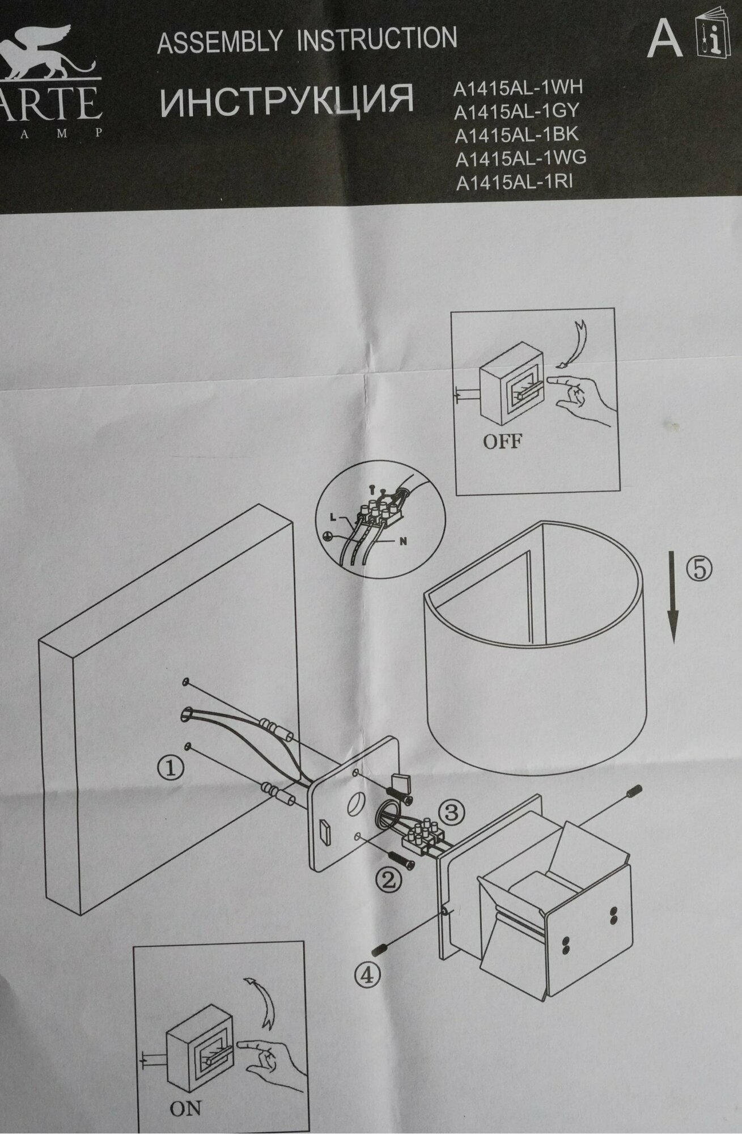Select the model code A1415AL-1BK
(x=517, y=136)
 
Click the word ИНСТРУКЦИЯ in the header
(x=286, y=100)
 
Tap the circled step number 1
(x=170, y=768)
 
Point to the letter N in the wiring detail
(x=404, y=541)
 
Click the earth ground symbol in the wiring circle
(x=327, y=535)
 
